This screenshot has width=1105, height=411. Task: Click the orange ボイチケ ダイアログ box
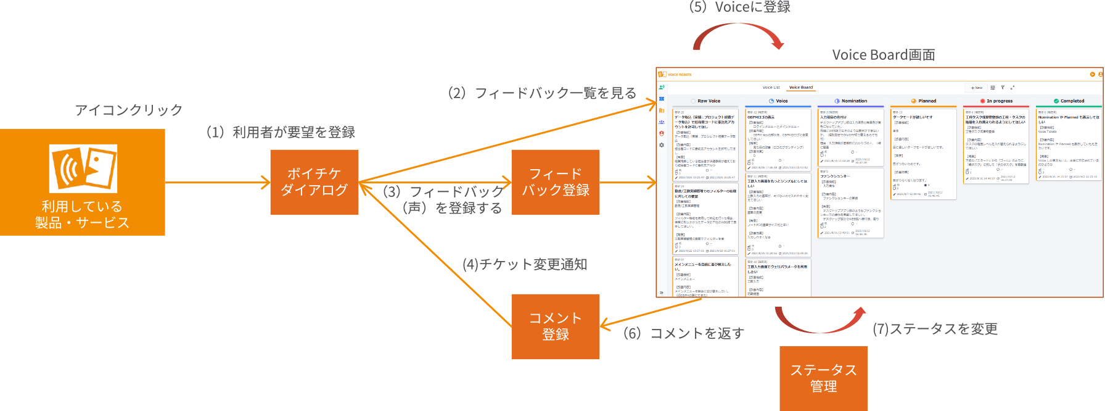point(314,182)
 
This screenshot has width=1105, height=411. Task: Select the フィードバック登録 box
point(555,182)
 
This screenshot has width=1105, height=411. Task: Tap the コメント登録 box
point(555,326)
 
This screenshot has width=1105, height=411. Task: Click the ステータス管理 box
point(823,378)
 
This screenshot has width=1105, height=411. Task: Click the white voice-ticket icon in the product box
point(83,168)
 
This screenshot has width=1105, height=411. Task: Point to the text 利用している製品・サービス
point(82,214)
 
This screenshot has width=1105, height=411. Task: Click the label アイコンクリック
point(128,110)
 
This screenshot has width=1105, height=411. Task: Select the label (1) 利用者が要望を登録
point(281,132)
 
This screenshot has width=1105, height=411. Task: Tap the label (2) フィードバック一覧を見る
point(542,93)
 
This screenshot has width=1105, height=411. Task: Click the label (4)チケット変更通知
point(524,264)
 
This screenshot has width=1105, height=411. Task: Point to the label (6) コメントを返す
point(683,333)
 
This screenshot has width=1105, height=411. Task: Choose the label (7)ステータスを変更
point(935,329)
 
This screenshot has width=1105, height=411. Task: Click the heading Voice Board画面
point(883,55)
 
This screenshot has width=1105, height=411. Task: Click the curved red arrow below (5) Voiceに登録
point(738,36)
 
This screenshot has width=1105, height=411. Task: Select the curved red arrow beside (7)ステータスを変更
point(820,320)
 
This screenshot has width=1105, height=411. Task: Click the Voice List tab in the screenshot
point(771,88)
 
